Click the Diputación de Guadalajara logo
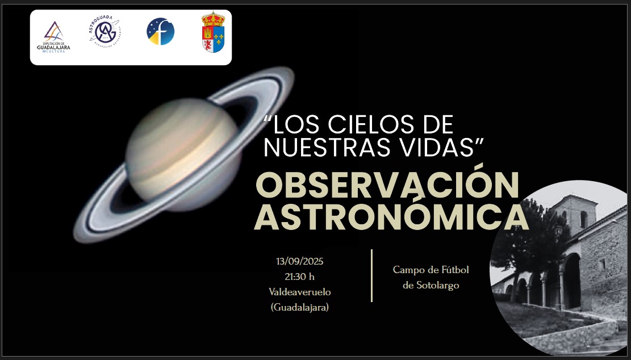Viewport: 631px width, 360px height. pos(53,36)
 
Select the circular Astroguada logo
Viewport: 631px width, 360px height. pos(105,32)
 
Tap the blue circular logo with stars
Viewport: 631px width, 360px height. pos(160,32)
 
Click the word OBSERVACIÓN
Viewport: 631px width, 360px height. pos(387,185)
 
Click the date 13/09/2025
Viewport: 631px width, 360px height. pos(300,262)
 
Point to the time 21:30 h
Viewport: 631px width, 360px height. pos(300,277)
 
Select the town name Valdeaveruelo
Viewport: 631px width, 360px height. pos(300,292)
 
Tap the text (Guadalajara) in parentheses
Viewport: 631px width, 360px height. pos(300,307)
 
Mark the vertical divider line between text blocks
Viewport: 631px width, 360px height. pos(371,275)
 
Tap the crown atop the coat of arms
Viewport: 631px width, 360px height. pos(213,19)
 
